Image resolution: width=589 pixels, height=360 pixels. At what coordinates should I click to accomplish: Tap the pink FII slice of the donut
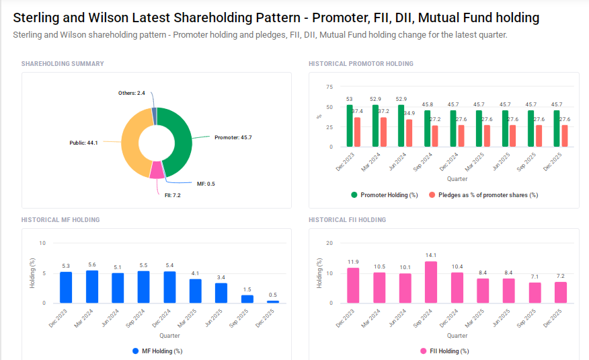[x=156, y=170]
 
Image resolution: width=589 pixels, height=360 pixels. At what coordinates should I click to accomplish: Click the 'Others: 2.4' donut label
[x=131, y=92]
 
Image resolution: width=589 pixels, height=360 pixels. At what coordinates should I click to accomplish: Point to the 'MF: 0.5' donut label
[x=206, y=184]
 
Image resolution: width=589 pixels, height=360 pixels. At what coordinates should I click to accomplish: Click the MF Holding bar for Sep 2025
[x=247, y=299]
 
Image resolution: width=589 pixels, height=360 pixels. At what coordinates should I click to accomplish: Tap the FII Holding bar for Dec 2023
[x=353, y=285]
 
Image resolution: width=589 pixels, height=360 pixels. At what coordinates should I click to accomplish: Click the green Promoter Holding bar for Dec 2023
[x=350, y=126]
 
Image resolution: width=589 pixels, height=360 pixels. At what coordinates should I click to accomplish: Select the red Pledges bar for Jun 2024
[x=409, y=133]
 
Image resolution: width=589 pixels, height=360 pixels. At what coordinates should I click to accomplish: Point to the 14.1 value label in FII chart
[x=431, y=255]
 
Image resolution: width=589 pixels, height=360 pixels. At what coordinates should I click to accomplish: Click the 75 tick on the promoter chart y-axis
[x=329, y=87]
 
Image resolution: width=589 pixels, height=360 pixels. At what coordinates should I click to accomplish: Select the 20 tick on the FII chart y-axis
[x=329, y=243]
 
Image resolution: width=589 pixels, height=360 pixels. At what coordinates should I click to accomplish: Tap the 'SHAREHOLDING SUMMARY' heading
[x=63, y=64]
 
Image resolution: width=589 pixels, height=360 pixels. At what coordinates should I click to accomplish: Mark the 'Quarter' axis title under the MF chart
[x=169, y=335]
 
